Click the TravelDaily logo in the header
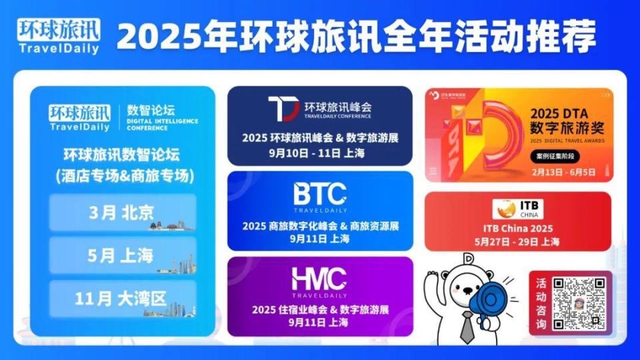(59, 37)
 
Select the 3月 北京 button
(123, 213)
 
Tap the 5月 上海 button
(123, 255)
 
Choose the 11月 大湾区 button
(123, 298)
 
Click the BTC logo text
(320, 193)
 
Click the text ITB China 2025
(518, 229)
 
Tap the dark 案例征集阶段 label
(555, 157)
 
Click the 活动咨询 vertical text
(541, 303)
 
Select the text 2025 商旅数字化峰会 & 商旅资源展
(320, 226)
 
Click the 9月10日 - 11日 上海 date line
(320, 153)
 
